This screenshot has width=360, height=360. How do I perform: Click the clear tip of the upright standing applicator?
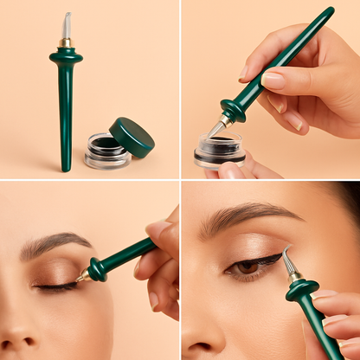click(67, 25)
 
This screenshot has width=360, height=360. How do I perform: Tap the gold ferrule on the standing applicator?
click(66, 42)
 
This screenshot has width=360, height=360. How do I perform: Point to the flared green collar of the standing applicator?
click(66, 57)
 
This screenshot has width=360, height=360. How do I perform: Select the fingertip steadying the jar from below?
click(231, 170)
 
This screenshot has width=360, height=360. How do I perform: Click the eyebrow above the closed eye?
click(55, 243)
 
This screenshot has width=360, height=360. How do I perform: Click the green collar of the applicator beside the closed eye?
click(97, 268)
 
